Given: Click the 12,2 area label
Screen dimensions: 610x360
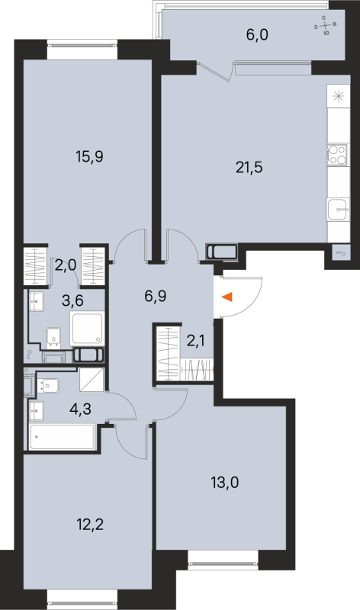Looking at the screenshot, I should point(69,525).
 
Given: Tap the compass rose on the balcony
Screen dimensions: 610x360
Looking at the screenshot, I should point(326,28).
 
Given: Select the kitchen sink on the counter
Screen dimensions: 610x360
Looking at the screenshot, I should point(336,209).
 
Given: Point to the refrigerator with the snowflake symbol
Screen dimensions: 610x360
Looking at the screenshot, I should point(336,97).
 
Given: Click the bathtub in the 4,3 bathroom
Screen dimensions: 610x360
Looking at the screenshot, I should point(61,438).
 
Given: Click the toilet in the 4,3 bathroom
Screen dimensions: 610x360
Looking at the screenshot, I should point(47,386).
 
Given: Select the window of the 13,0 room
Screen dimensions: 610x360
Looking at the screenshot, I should point(223,565).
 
